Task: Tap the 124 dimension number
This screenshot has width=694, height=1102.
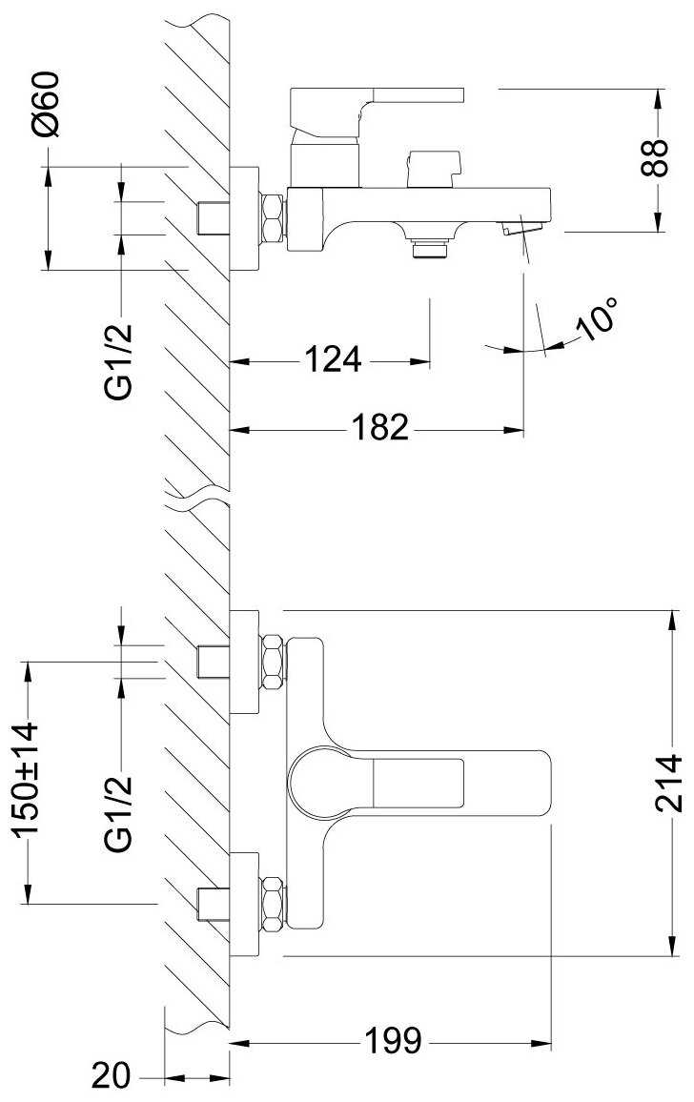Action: tap(333, 361)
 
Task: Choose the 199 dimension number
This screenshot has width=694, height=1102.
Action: tap(393, 1041)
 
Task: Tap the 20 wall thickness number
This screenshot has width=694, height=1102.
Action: tap(112, 1076)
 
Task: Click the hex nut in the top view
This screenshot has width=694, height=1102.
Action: tap(274, 218)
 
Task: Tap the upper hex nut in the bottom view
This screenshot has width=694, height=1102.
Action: tap(273, 658)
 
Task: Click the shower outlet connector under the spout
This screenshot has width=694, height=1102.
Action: tap(430, 248)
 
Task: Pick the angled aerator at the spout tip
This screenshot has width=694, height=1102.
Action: tap(520, 228)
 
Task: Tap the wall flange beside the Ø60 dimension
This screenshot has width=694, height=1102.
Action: tap(245, 218)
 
